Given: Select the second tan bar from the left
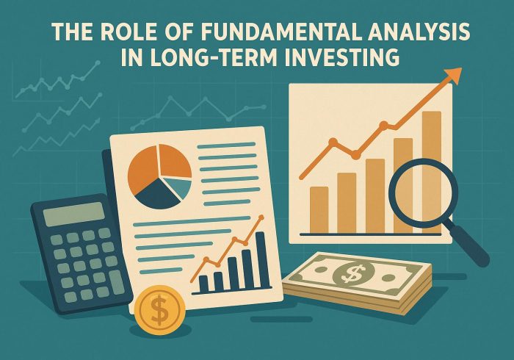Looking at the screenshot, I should pos(347,202).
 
